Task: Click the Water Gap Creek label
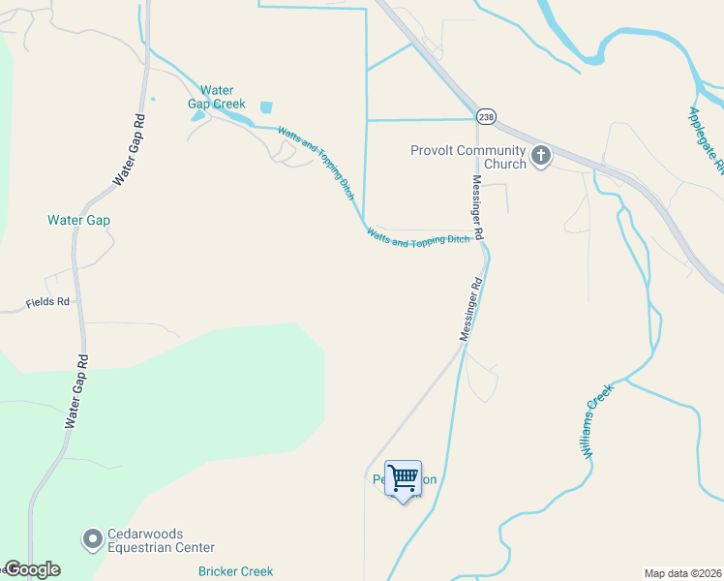coord(217,97)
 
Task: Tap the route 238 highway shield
coord(486,116)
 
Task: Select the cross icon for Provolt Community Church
coord(540,155)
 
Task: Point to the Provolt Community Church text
coord(468,157)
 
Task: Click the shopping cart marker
coord(403,477)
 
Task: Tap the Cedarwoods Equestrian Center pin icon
coord(93,537)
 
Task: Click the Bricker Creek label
coord(235,571)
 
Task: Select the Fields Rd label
coord(48,302)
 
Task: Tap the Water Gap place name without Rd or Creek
coord(78,220)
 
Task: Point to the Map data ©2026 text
coord(682,573)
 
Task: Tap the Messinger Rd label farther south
coord(469,310)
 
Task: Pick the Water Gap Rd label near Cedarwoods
coord(77,389)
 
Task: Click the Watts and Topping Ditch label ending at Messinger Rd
coord(418,238)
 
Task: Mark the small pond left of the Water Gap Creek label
coord(198,116)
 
